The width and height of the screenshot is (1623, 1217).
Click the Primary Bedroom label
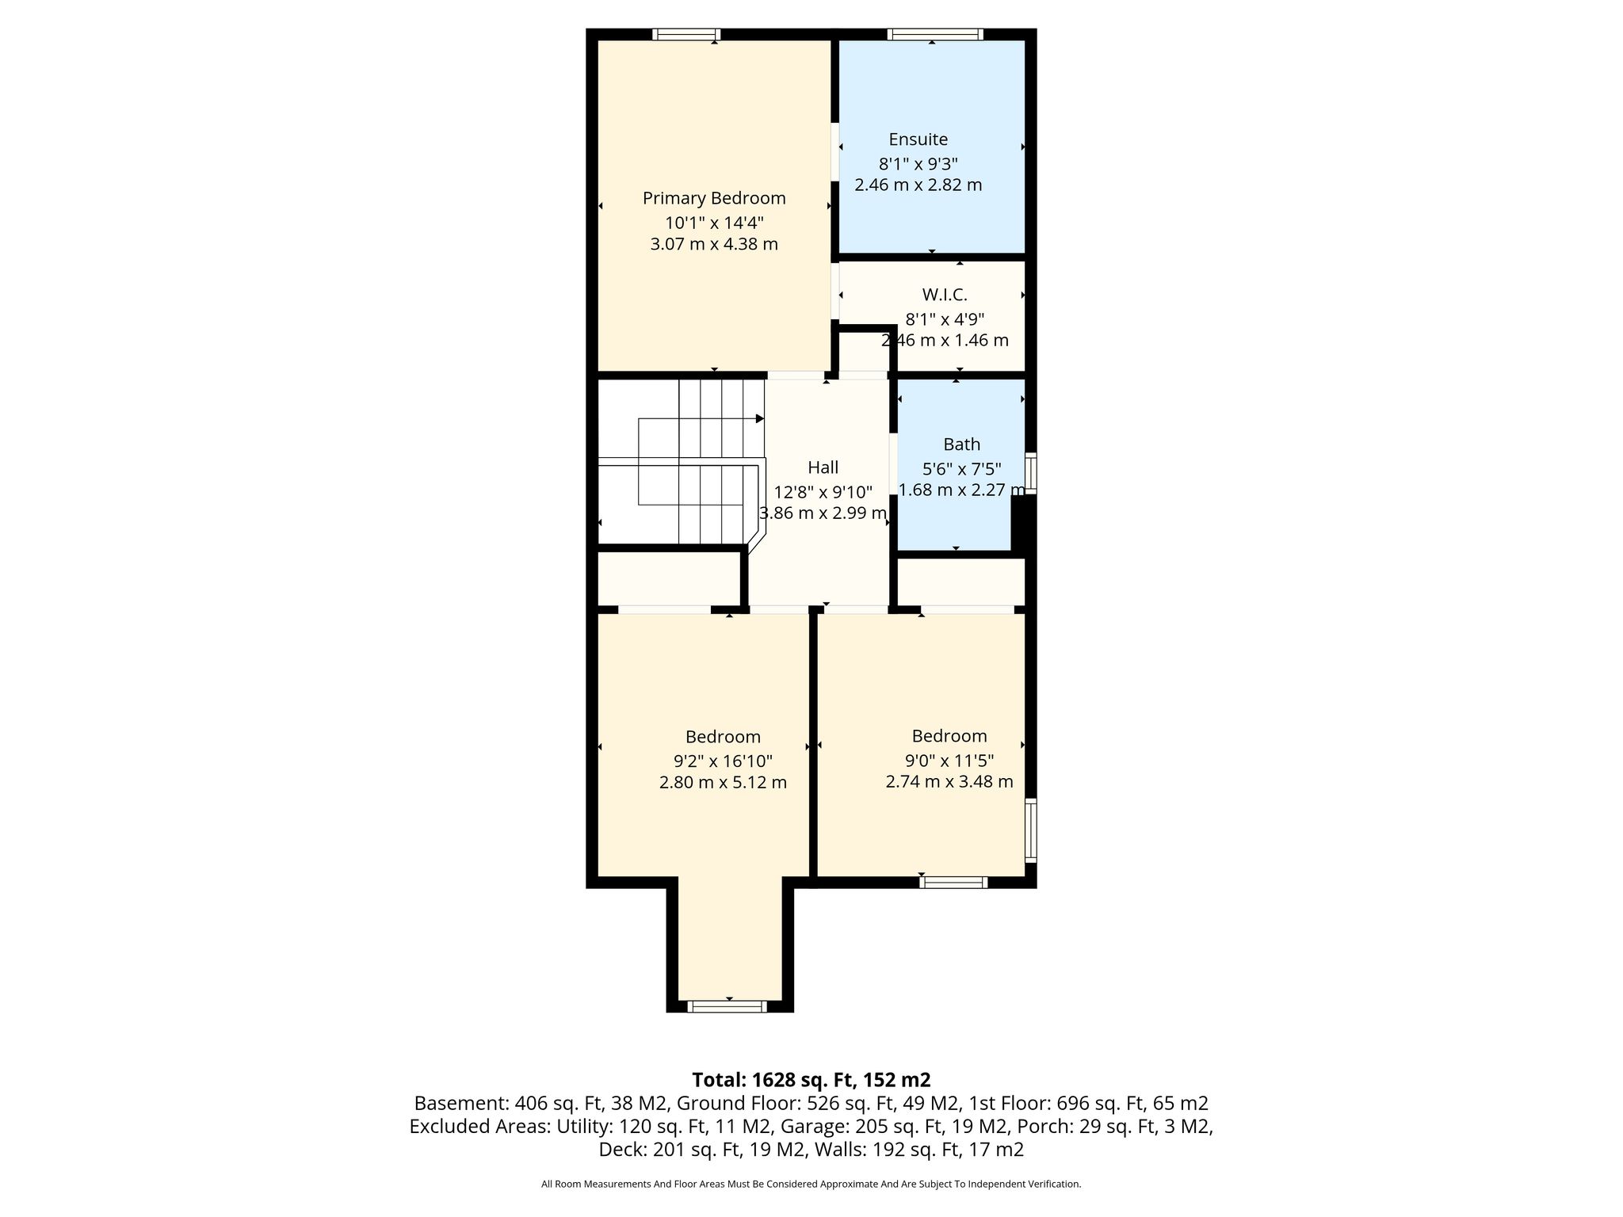[714, 198]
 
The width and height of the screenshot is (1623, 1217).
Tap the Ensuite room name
[918, 139]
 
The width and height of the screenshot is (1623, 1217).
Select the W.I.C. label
[945, 295]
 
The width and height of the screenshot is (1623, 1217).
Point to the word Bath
[961, 444]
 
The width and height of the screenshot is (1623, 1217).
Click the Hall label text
[823, 467]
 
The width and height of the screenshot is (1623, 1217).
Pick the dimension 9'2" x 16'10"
[723, 761]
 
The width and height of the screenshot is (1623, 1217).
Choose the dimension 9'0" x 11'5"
[949, 761]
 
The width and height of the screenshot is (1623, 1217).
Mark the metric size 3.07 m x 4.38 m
[714, 244]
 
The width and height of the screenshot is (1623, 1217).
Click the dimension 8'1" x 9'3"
[918, 164]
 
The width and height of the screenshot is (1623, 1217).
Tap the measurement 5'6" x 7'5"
[961, 469]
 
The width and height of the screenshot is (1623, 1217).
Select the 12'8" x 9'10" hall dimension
[823, 491]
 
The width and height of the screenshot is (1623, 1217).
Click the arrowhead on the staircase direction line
[760, 418]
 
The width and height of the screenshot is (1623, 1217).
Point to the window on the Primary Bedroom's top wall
[686, 34]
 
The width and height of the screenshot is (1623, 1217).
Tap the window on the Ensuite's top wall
[935, 34]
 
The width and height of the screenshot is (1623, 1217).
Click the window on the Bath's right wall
[1030, 473]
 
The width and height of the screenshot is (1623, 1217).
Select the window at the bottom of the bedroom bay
[727, 1006]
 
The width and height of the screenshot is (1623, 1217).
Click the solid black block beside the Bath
[1023, 522]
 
